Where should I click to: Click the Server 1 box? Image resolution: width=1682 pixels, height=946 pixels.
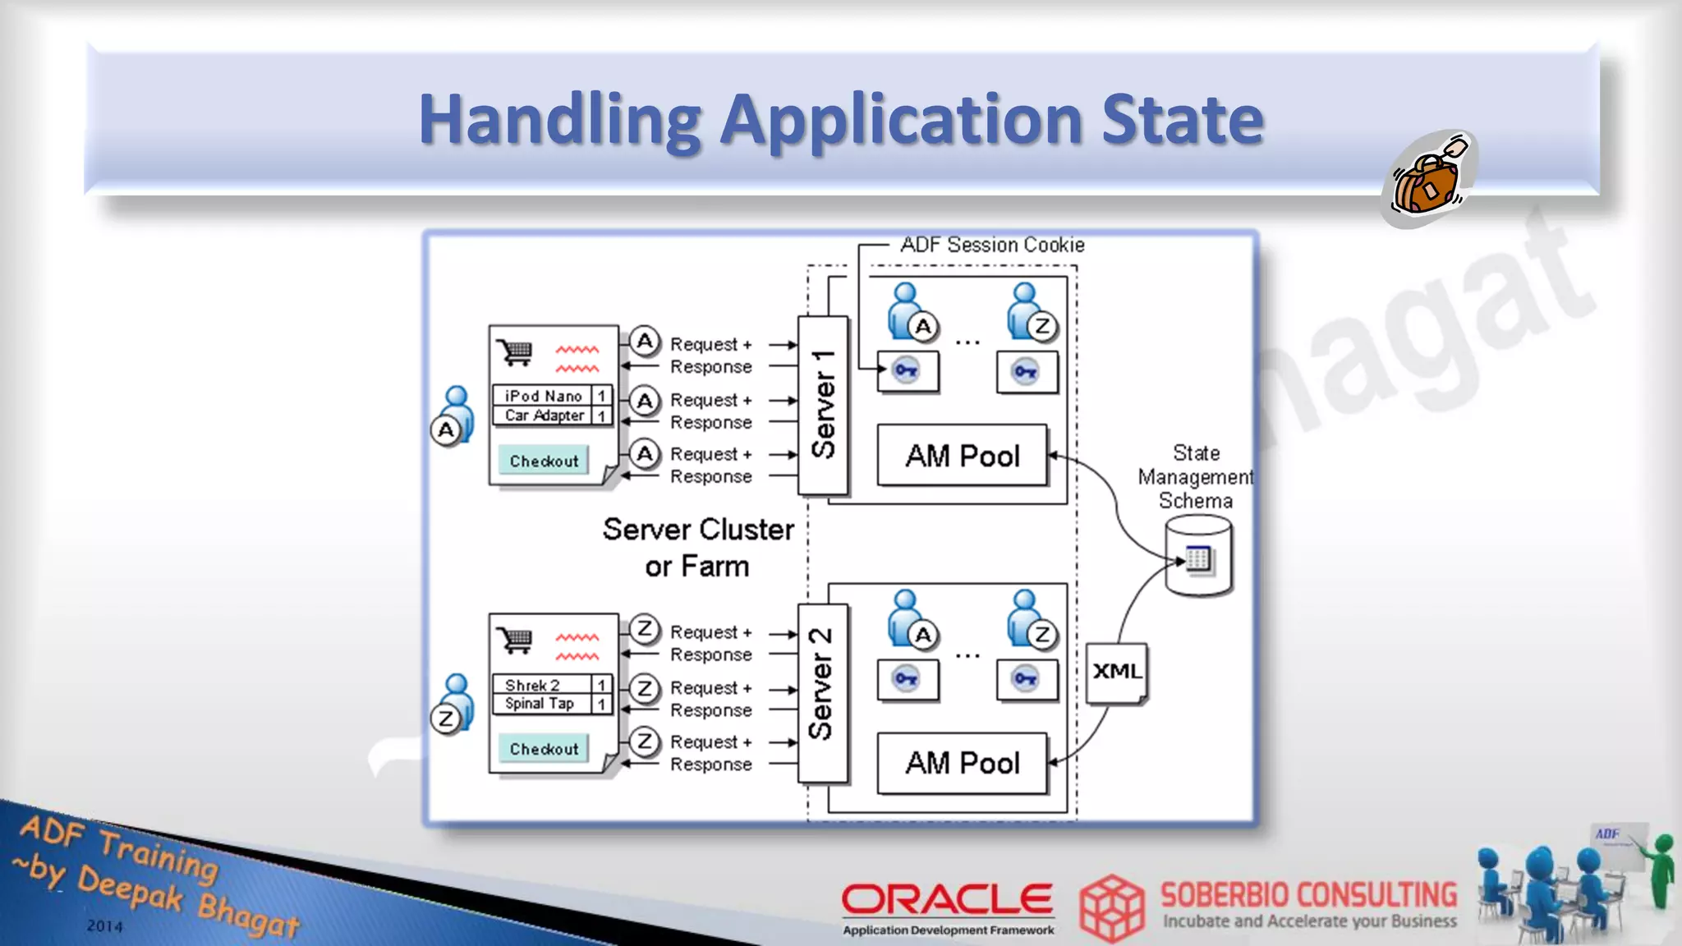823,405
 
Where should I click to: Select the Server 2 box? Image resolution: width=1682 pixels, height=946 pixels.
822,693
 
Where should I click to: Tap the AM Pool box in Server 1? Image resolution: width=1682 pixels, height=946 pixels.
963,455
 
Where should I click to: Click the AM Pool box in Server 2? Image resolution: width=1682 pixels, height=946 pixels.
963,763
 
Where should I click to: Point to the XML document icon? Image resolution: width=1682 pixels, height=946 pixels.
1116,673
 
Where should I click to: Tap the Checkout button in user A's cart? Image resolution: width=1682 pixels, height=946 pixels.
544,461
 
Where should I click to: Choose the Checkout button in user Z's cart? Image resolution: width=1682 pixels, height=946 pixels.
544,749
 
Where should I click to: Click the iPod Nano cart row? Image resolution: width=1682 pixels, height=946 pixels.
543,396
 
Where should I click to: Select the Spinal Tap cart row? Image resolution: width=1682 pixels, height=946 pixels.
540,704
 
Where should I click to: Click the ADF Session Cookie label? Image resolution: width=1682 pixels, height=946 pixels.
992,245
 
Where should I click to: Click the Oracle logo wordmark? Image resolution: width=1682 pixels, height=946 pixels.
947,899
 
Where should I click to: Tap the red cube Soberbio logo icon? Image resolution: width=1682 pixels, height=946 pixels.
1111,907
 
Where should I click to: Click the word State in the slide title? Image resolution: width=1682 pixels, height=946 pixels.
1182,120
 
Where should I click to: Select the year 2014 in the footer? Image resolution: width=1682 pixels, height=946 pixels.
105,925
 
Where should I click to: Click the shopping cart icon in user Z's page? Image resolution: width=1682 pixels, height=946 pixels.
516,639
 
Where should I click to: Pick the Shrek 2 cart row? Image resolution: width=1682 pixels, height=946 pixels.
533,685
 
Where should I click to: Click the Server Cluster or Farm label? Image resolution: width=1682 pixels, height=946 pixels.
698,548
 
